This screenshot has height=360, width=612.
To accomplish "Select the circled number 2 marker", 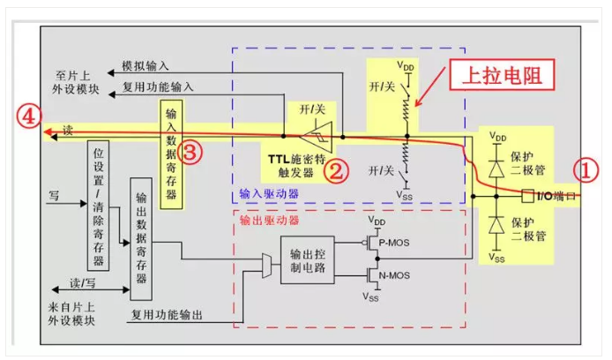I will tap(336, 169).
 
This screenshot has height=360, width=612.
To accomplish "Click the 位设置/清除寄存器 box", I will tap(98, 208).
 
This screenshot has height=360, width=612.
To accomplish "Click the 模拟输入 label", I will tap(145, 66).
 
